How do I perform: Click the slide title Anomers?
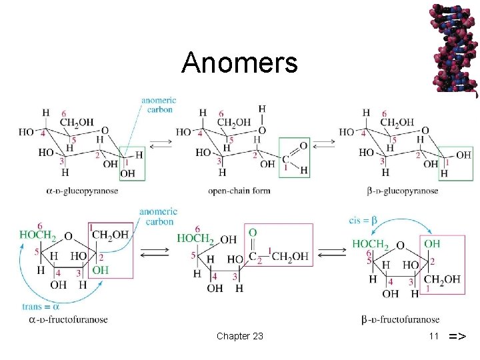tap(239, 63)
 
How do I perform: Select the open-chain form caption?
tap(239, 191)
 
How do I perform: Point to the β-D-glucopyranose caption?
tap(403, 191)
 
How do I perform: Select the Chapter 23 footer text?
tap(239, 336)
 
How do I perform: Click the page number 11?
tap(433, 336)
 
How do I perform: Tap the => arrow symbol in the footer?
tap(457, 336)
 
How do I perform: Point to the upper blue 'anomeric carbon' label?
tap(157, 105)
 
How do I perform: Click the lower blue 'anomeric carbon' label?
tap(157, 217)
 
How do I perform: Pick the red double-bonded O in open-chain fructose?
tap(252, 233)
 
